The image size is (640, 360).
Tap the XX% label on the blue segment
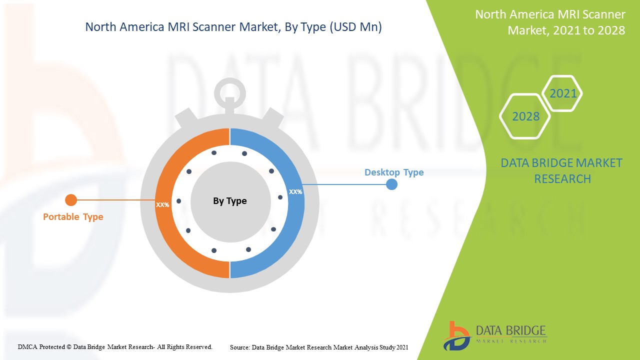click(x=295, y=191)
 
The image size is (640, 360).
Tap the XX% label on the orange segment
click(x=162, y=205)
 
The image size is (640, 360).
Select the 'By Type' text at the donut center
click(x=230, y=201)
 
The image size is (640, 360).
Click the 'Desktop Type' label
click(x=394, y=172)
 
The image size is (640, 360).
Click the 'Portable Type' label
click(x=73, y=217)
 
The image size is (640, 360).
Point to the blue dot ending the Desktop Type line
click(x=392, y=184)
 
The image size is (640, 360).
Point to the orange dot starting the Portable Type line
click(x=71, y=200)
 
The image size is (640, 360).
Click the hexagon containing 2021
click(x=563, y=93)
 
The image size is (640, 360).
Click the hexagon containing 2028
click(x=525, y=116)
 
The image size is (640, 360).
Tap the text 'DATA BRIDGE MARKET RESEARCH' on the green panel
click(x=562, y=170)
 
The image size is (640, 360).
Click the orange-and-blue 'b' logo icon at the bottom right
click(x=455, y=335)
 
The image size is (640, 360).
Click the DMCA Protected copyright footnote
click(x=115, y=346)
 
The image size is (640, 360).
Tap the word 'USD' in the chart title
click(x=345, y=27)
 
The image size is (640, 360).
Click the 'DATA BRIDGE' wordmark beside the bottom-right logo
click(x=510, y=330)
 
